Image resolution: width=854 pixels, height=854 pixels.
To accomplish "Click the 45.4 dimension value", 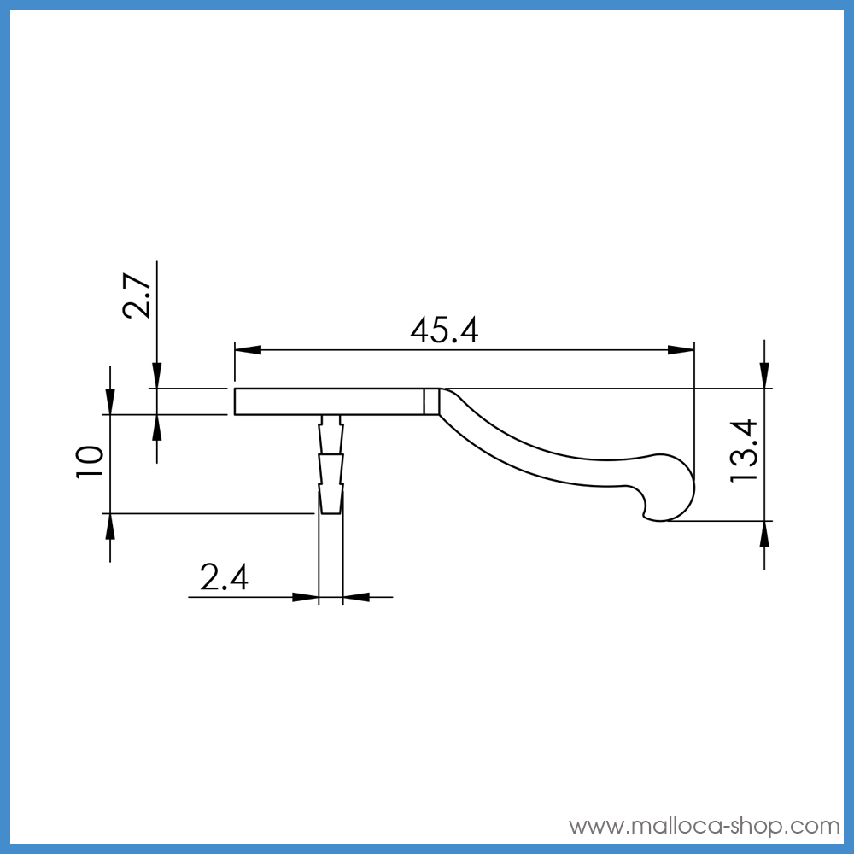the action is [444, 330].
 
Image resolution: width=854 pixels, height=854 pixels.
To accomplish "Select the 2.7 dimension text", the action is [136, 295].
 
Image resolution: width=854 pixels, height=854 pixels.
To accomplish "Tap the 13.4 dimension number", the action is [744, 450].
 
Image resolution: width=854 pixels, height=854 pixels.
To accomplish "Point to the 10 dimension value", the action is [90, 462].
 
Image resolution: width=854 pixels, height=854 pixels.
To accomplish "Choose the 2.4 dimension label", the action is [224, 576].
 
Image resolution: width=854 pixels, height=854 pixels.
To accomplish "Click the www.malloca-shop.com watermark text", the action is [705, 826].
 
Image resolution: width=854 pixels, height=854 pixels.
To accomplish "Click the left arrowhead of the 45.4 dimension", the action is [248, 349].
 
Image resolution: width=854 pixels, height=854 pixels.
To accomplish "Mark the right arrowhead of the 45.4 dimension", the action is [681, 349].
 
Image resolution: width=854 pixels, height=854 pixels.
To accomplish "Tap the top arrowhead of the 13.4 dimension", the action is [764, 375].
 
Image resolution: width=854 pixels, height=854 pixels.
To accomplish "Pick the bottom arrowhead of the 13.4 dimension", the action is [764, 535].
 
